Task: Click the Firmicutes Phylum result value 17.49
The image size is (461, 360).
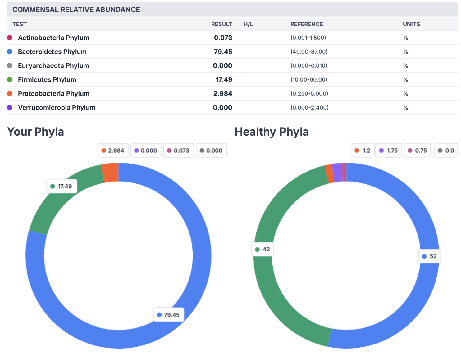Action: click(224, 80)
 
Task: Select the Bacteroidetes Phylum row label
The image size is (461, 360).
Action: click(52, 52)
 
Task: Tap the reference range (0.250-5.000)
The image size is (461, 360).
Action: click(309, 93)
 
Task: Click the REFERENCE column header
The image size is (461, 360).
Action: click(307, 24)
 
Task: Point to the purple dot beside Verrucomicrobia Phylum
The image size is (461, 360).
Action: click(10, 107)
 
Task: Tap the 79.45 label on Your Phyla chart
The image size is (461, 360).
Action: click(169, 315)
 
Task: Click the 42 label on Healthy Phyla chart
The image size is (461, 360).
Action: click(262, 249)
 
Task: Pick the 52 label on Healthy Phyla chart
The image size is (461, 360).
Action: click(429, 256)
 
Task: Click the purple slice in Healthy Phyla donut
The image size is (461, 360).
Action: click(337, 173)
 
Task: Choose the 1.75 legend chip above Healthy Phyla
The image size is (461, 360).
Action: click(389, 151)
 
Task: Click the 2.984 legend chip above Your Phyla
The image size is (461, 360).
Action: click(113, 151)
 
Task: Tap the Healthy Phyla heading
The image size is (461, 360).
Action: click(272, 132)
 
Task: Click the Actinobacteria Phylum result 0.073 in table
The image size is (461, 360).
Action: click(223, 38)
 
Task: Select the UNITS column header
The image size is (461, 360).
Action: click(411, 24)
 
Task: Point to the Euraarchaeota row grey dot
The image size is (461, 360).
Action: click(10, 65)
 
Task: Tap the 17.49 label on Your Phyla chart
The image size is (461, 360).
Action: click(62, 186)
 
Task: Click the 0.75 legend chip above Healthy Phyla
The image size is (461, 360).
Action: click(417, 151)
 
